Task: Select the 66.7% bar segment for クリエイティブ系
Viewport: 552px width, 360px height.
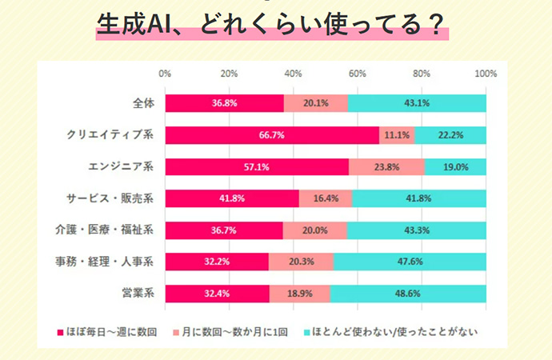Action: (272, 134)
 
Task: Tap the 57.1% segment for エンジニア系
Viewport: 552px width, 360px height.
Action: (257, 166)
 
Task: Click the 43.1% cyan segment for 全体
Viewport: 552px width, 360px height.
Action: (417, 103)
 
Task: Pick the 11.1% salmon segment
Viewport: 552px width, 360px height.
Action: (397, 134)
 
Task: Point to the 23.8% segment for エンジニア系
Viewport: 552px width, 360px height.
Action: (386, 166)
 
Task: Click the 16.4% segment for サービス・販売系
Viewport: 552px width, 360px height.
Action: (326, 198)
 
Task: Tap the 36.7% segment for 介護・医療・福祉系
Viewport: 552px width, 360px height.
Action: (224, 230)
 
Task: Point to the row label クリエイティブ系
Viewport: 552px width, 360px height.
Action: (110, 134)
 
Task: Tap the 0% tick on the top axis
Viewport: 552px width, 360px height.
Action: (166, 74)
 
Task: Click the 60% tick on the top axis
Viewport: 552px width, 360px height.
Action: (358, 74)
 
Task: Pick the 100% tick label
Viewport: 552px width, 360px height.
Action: (486, 74)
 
